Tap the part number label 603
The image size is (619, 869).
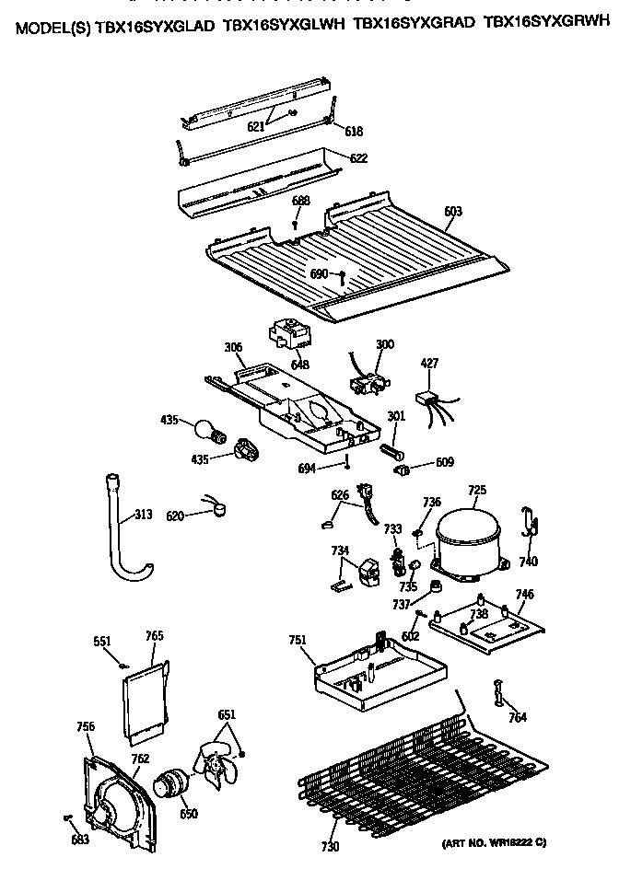(452, 212)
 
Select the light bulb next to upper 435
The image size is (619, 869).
(208, 428)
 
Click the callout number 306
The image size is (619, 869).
(233, 347)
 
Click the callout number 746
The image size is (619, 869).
(523, 595)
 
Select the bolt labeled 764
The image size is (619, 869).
(499, 692)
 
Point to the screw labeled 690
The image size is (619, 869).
(341, 275)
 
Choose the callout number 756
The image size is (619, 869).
(85, 727)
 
